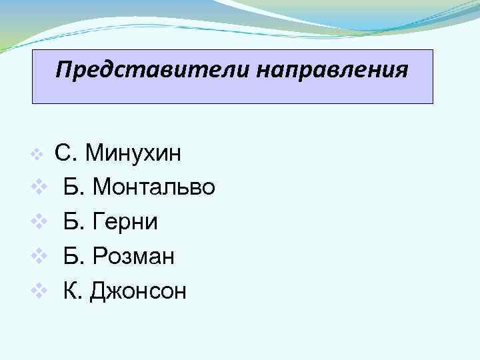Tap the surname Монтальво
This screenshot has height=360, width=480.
[154, 187]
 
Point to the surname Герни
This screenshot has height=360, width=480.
[126, 221]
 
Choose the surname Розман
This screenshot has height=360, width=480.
[134, 255]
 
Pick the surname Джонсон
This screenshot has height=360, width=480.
[141, 290]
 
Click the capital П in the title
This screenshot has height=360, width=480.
[63, 69]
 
